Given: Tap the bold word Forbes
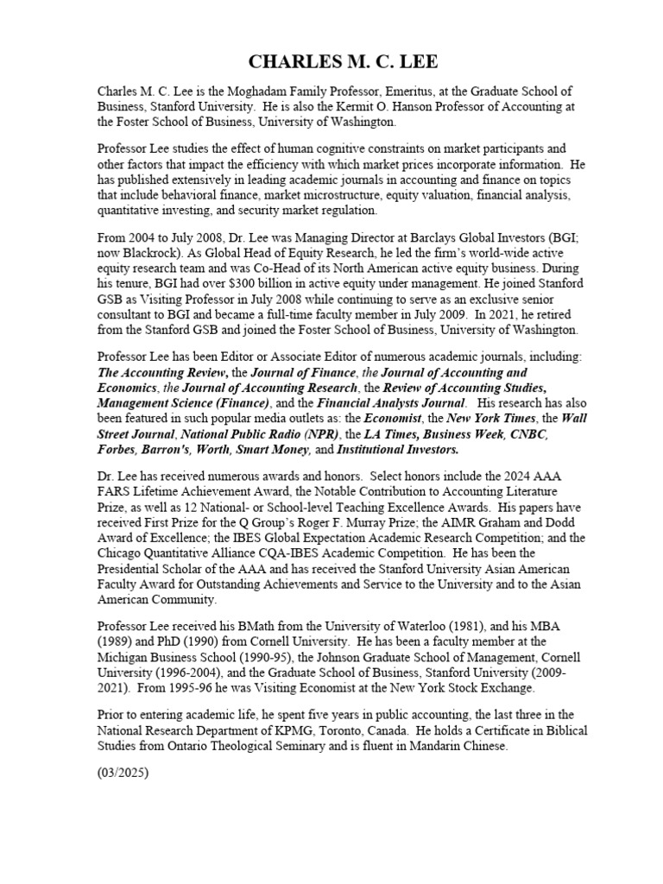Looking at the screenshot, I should (116, 450).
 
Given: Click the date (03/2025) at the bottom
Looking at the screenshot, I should (123, 774).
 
